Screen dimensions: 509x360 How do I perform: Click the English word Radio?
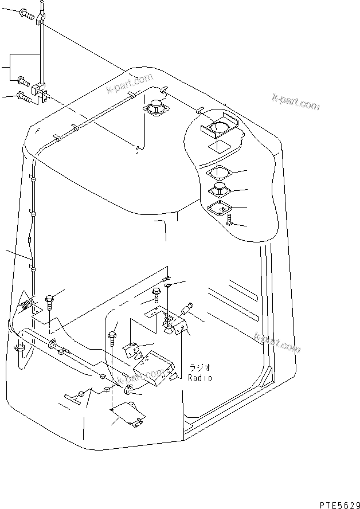click(x=200, y=378)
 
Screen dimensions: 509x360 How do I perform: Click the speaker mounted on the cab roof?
click(x=155, y=108)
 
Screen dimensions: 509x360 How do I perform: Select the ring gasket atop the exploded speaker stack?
click(x=218, y=172)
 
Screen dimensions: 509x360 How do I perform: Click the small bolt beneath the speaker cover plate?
click(x=229, y=220)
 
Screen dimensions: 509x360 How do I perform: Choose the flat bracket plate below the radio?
click(x=127, y=414)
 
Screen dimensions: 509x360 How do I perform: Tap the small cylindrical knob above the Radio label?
click(x=187, y=310)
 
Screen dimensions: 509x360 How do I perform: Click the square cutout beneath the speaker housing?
click(x=221, y=148)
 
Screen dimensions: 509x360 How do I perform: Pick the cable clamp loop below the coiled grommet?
click(x=19, y=347)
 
